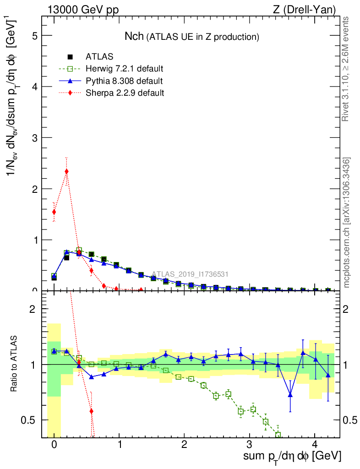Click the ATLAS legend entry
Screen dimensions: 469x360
pos(99,57)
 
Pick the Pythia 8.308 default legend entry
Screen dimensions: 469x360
pos(124,81)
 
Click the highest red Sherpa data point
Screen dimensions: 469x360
pos(67,171)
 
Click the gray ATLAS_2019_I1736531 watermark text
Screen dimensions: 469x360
pos(190,274)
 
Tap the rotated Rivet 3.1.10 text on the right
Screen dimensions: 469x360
pos(346,69)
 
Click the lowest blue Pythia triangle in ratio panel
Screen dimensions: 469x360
pos(290,395)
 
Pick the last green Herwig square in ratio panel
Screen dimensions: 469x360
pos(278,434)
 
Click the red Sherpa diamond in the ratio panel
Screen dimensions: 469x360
pos(92,411)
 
